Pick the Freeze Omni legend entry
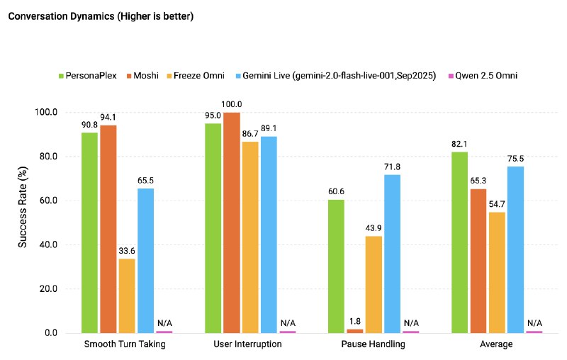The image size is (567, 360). click(x=198, y=75)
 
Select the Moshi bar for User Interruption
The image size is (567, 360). click(x=232, y=222)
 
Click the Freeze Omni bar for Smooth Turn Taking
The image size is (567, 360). click(x=127, y=296)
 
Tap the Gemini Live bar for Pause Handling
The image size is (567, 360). click(x=392, y=253)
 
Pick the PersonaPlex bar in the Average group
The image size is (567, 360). click(x=459, y=242)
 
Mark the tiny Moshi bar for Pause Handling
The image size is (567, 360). click(x=355, y=330)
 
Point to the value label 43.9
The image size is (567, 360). click(x=374, y=229)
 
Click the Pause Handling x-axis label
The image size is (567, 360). click(x=374, y=344)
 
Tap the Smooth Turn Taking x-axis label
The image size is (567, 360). click(x=127, y=344)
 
